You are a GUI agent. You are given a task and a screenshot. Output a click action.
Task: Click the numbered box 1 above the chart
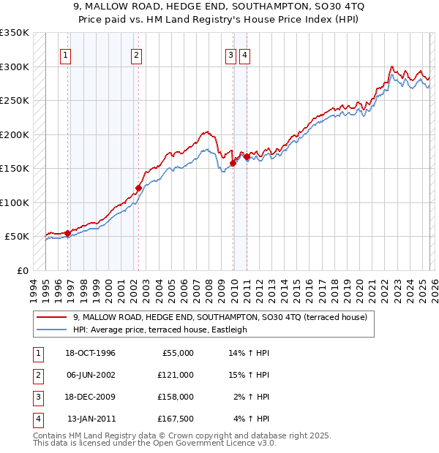click(66, 54)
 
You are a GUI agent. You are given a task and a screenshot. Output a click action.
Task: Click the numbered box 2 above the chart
click(137, 54)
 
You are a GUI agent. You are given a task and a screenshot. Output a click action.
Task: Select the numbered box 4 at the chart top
click(244, 54)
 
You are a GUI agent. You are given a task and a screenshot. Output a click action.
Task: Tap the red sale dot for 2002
click(138, 189)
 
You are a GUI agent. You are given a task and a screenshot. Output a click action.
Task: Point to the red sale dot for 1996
click(67, 233)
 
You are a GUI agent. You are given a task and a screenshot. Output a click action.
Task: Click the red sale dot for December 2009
click(233, 163)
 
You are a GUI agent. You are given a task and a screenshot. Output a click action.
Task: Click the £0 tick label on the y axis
click(22, 270)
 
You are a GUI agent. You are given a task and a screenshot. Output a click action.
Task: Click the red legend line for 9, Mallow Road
click(51, 317)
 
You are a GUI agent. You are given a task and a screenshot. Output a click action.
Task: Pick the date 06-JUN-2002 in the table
click(91, 375)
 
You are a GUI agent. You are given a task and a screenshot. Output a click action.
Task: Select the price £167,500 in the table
click(175, 419)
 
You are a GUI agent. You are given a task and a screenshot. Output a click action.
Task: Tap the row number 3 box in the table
click(37, 397)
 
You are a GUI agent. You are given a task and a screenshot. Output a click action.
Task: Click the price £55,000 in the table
click(177, 353)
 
